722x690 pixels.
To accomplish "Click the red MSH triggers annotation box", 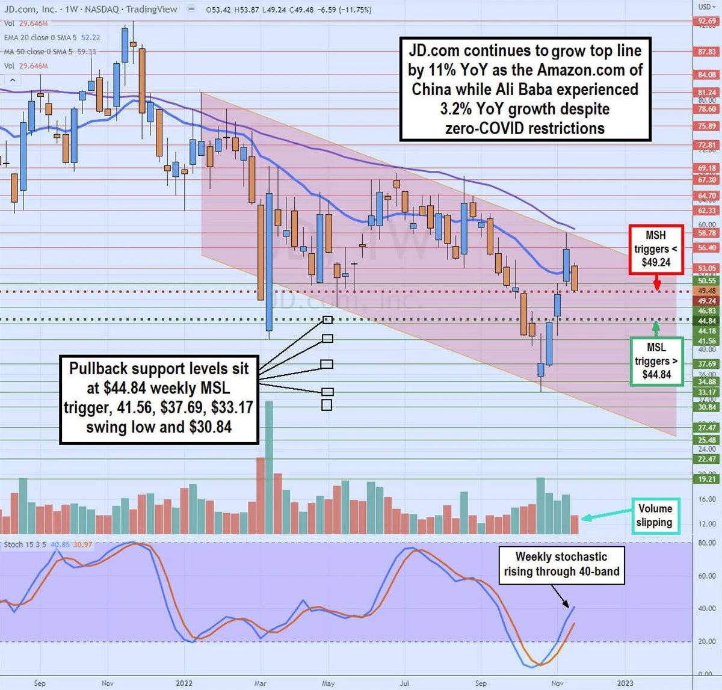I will pos(656,249).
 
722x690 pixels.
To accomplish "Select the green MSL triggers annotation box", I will pos(656,361).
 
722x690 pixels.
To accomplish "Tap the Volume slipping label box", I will pos(655,516).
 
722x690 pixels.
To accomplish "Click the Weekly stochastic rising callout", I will pos(561,564).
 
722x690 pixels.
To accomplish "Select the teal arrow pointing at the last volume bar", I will pos(605,516).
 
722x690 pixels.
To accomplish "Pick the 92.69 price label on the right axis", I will pos(707,21).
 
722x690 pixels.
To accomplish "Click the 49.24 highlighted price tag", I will pos(707,301).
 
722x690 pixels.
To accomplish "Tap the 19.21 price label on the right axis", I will pos(707,479).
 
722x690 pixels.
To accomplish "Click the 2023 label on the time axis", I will pos(625,683).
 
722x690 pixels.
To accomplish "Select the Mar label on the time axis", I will pos(260,683).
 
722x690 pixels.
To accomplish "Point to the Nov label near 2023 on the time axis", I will pos(557,683).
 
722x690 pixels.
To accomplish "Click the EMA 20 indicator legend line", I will pos(52,37).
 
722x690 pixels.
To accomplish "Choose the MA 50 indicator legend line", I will pos(50,52).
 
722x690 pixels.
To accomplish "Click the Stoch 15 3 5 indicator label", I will pos(25,544).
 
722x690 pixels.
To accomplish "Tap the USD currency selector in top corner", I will pos(706,7).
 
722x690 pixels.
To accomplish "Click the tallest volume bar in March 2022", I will pos(269,467).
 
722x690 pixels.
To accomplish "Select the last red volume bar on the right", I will pos(575,525).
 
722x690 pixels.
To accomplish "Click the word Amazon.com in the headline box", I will pos(581,70).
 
